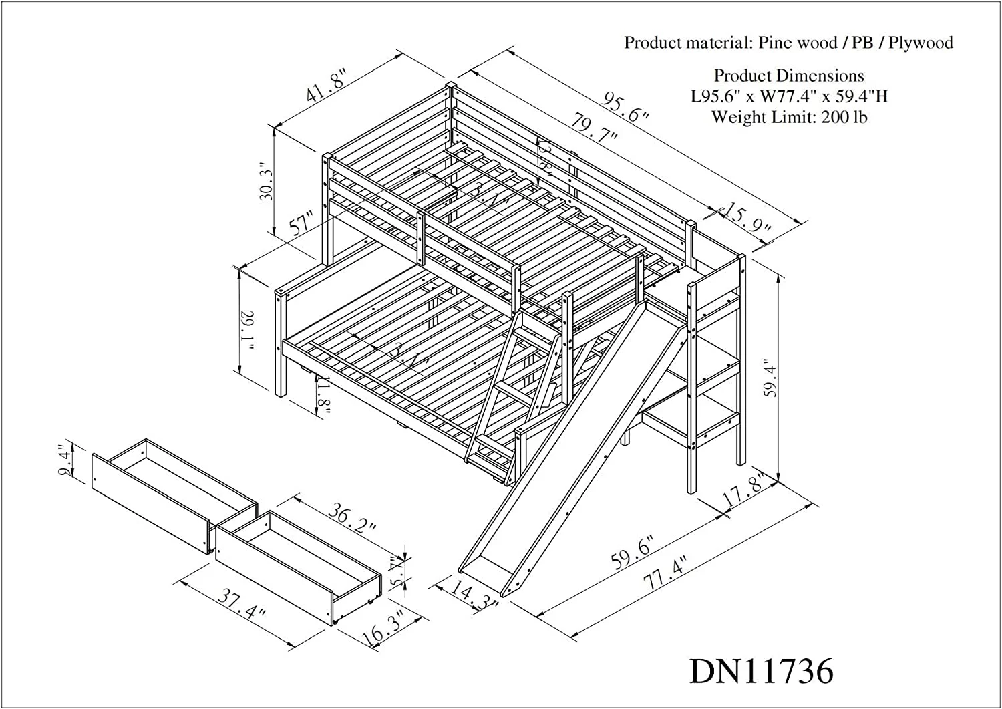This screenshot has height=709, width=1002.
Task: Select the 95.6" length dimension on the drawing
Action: [626, 109]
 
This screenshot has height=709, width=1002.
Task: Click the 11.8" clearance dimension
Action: [325, 396]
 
